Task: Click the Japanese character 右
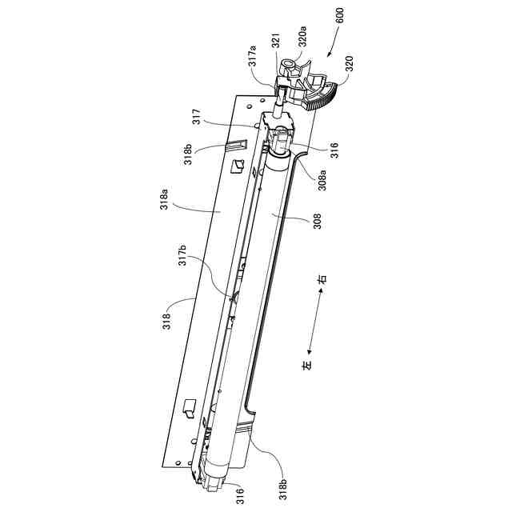[322, 281]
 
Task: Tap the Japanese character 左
[307, 364]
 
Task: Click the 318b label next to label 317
[188, 152]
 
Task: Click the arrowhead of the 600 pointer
[328, 56]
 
